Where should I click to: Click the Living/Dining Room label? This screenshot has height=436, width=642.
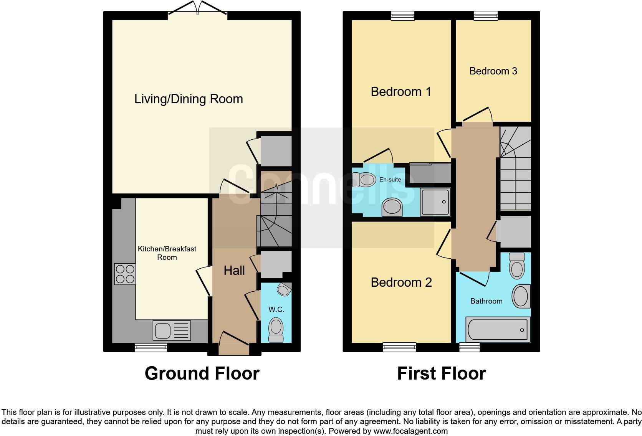click(189, 99)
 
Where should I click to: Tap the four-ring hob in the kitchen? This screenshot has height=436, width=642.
click(125, 274)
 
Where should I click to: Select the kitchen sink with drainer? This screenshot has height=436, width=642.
click(172, 331)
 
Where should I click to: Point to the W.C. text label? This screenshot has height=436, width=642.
click(276, 309)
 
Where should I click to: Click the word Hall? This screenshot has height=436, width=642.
click(234, 271)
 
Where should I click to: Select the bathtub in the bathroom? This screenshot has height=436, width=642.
click(498, 330)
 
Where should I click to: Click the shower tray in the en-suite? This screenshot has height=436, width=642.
click(435, 202)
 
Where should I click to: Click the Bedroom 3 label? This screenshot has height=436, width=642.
click(493, 71)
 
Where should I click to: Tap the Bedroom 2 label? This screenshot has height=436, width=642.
click(401, 282)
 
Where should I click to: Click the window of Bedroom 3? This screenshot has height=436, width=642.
click(485, 15)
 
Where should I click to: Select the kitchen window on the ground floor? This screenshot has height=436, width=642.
click(151, 347)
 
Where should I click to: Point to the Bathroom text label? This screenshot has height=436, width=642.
click(486, 301)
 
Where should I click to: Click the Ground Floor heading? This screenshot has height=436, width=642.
click(202, 373)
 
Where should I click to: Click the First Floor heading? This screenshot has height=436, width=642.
click(441, 373)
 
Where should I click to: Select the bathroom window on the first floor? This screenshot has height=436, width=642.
click(470, 347)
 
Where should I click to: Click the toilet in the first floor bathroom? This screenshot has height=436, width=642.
click(517, 266)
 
